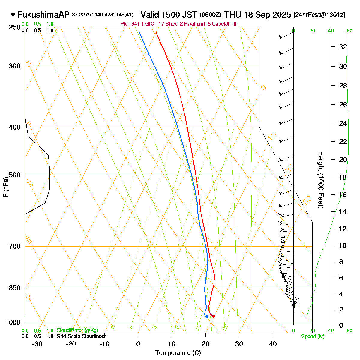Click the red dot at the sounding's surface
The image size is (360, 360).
(214, 316)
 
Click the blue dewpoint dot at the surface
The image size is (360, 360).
(207, 316)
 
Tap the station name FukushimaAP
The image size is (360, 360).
(43, 15)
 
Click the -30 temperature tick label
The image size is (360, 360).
(37, 344)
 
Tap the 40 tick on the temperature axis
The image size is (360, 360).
(273, 344)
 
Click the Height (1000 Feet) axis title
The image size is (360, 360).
(321, 180)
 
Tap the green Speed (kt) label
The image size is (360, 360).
(313, 337)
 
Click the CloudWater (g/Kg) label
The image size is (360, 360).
(77, 331)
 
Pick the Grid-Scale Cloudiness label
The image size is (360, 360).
(81, 337)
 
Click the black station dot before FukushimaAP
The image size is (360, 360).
(13, 14)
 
